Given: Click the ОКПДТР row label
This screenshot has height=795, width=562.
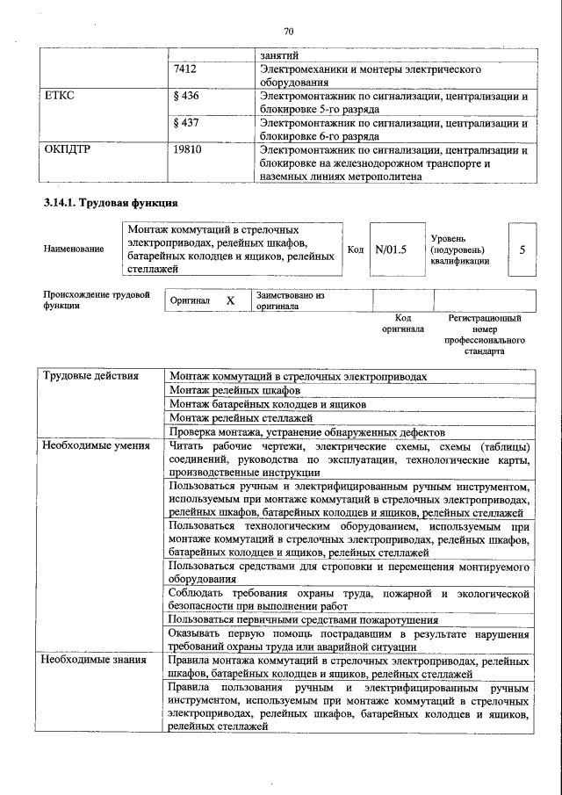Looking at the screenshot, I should [68, 149].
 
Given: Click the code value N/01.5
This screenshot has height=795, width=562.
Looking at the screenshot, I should [391, 249].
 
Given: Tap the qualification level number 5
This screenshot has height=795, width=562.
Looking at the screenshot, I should [522, 249].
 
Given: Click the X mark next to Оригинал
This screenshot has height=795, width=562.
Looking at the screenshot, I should [230, 300].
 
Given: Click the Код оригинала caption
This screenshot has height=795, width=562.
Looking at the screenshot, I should [403, 323].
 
